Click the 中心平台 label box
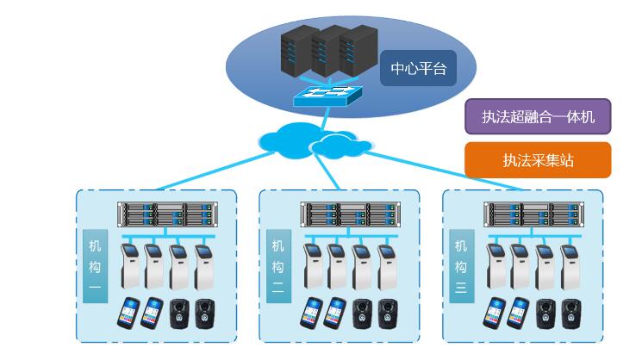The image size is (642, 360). click(x=418, y=69)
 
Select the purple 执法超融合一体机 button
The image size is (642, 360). click(x=538, y=116)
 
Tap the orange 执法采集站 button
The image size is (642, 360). click(x=538, y=160)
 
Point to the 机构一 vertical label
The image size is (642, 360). click(x=95, y=265)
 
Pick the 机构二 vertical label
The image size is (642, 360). click(x=277, y=265)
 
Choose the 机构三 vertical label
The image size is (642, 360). click(x=461, y=265)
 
